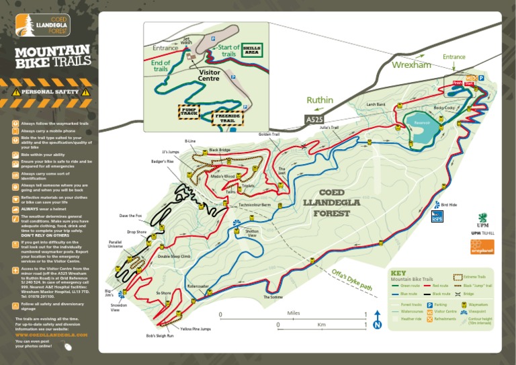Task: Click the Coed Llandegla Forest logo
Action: [x=42, y=26]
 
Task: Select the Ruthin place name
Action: [x=320, y=100]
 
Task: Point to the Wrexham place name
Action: [x=411, y=65]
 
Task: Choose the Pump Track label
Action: [x=189, y=112]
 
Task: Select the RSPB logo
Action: [x=437, y=216]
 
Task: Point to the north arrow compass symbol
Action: [x=377, y=325]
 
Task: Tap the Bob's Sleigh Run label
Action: [x=160, y=335]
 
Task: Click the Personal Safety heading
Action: [x=50, y=91]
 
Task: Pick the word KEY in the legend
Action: [x=398, y=273]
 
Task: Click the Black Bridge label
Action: [x=219, y=150]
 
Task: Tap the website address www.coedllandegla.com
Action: [x=51, y=334]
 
